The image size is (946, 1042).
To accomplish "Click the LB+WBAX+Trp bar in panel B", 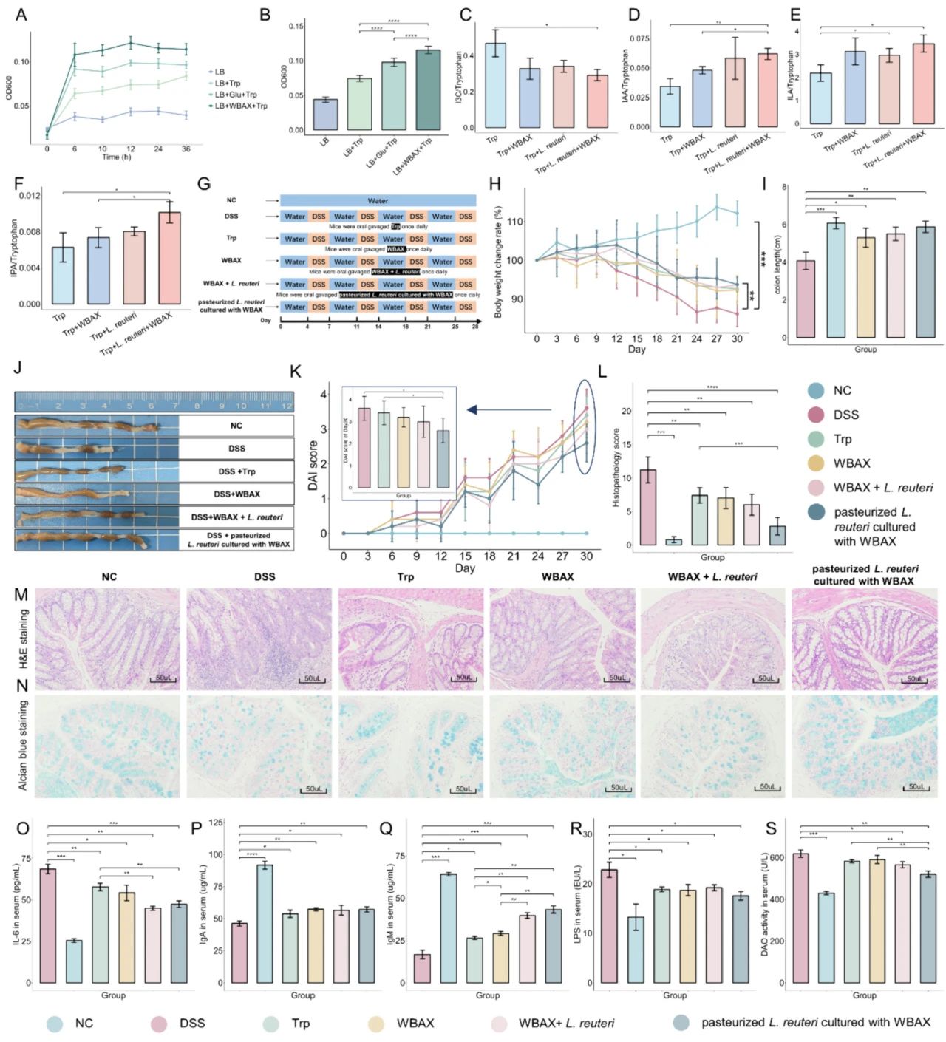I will [x=428, y=90].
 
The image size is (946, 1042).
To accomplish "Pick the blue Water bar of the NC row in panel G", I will [x=378, y=200].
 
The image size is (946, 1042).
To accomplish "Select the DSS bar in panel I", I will [x=805, y=299].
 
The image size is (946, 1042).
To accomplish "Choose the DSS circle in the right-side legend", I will [x=816, y=415].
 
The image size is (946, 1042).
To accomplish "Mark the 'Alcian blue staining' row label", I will [x=23, y=745].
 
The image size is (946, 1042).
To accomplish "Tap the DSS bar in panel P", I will [x=265, y=923].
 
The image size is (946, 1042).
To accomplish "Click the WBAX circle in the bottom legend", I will [x=377, y=1024].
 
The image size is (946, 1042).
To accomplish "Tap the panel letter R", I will [x=576, y=828].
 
